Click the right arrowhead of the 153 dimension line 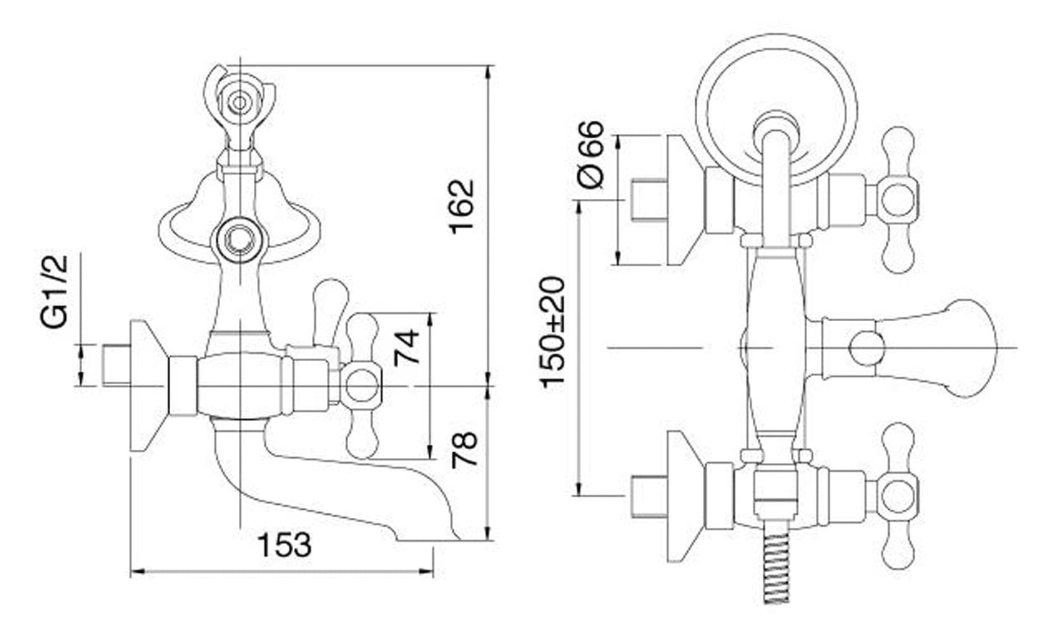coord(426,571)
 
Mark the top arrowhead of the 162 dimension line coord(489,72)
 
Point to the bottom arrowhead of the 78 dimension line coord(489,534)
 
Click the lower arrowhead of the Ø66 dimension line coord(618,258)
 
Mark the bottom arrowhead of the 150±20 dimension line coord(579,489)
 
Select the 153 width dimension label coord(284,545)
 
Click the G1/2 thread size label coord(54,291)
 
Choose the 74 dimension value coord(407,348)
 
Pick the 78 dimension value coord(465,450)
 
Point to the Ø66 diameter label coord(591,155)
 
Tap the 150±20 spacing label coord(553,332)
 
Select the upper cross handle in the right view coord(898,200)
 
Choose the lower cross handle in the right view coord(898,496)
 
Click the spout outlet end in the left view coord(429,540)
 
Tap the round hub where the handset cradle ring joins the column coord(239,240)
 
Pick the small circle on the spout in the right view coord(866,348)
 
